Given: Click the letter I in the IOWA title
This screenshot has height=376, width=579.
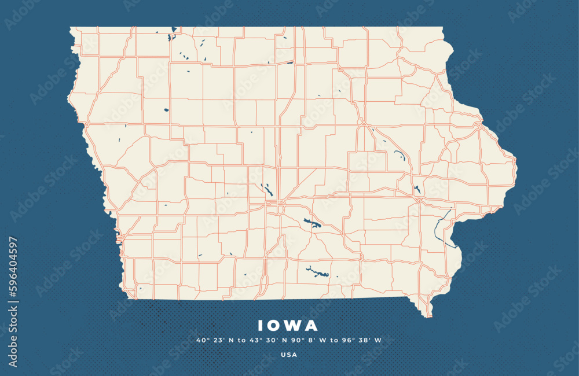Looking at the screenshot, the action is (x=260, y=326).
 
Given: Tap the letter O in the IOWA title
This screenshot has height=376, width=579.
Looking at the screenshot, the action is (x=274, y=326).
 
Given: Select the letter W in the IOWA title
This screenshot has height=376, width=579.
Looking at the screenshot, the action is (x=294, y=326).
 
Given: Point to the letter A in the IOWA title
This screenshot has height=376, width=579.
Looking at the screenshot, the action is (x=312, y=326).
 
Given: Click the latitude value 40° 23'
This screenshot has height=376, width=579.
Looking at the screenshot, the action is (x=207, y=340).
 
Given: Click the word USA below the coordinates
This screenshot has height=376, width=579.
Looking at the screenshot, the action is (x=289, y=355).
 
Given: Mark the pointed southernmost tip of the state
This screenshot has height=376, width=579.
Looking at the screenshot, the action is (x=429, y=316).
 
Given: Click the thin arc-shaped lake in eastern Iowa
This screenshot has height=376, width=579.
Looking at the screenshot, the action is (x=399, y=154).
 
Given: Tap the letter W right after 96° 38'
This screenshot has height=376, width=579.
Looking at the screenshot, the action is (x=378, y=340).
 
